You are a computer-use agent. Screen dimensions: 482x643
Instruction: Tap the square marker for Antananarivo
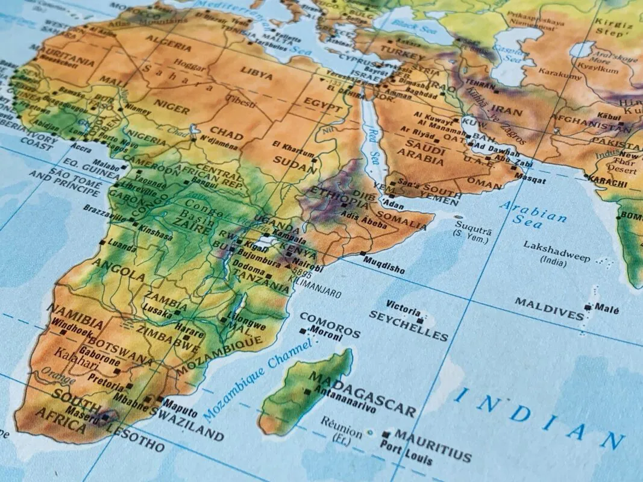307,392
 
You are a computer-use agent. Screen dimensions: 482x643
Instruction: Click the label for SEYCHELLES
409,326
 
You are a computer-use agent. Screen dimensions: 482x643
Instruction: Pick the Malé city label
607,309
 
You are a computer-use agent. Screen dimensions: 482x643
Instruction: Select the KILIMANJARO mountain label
315,290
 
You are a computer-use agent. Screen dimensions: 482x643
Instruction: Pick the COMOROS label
330,324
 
